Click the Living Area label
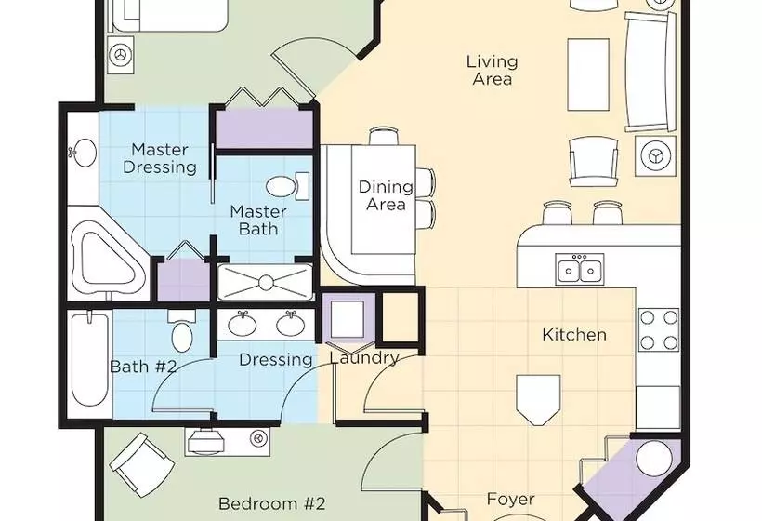pyautogui.click(x=493, y=71)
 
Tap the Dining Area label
pyautogui.click(x=386, y=195)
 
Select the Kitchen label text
pyautogui.click(x=574, y=335)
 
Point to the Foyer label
pyautogui.click(x=511, y=499)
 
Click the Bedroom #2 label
pyautogui.click(x=271, y=503)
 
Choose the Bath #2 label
pyautogui.click(x=143, y=367)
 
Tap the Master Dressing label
pyautogui.click(x=160, y=158)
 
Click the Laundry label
pyautogui.click(x=364, y=358)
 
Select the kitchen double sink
pyautogui.click(x=580, y=270)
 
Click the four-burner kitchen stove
pyautogui.click(x=659, y=330)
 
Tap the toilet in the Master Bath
pyautogui.click(x=288, y=186)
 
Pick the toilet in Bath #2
pyautogui.click(x=182, y=331)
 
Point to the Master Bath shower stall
pyautogui.click(x=266, y=282)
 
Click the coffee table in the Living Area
pyautogui.click(x=588, y=75)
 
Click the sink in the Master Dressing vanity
pyautogui.click(x=82, y=153)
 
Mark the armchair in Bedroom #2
pyautogui.click(x=142, y=464)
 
